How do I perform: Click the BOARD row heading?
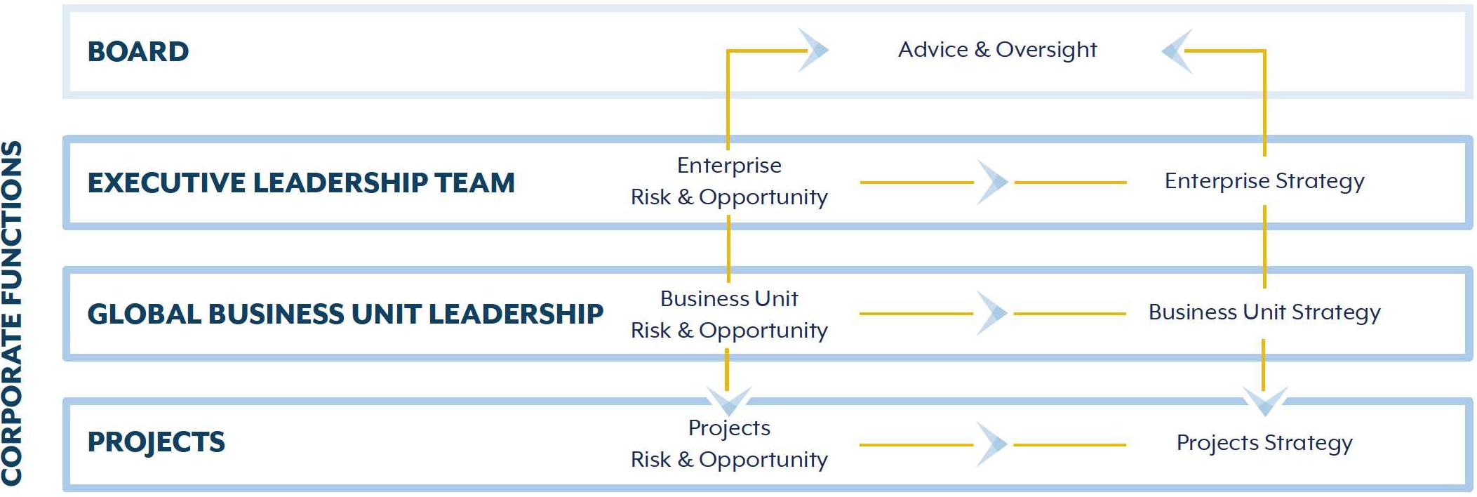(x=138, y=51)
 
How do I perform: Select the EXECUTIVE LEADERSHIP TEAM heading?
(x=301, y=183)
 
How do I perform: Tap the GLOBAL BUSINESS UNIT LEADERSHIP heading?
(x=345, y=314)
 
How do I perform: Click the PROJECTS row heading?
(x=156, y=442)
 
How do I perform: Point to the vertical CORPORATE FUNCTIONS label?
(x=13, y=313)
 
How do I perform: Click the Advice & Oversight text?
(x=997, y=50)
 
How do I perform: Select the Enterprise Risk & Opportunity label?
(x=729, y=181)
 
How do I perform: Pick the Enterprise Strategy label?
(x=1264, y=181)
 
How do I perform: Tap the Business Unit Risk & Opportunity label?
(x=729, y=314)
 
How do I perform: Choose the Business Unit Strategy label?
(x=1264, y=312)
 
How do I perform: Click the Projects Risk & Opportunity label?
(x=729, y=444)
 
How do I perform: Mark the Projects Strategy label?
(x=1264, y=443)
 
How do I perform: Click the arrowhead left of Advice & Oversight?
(x=814, y=51)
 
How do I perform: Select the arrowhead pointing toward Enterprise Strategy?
(x=992, y=183)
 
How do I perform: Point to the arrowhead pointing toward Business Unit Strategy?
(x=991, y=314)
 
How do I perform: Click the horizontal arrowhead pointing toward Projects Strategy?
(x=991, y=444)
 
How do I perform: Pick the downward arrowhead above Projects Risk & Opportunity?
(x=728, y=400)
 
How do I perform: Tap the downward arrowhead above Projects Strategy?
(x=1264, y=401)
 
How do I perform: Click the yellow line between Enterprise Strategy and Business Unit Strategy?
(x=1264, y=246)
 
